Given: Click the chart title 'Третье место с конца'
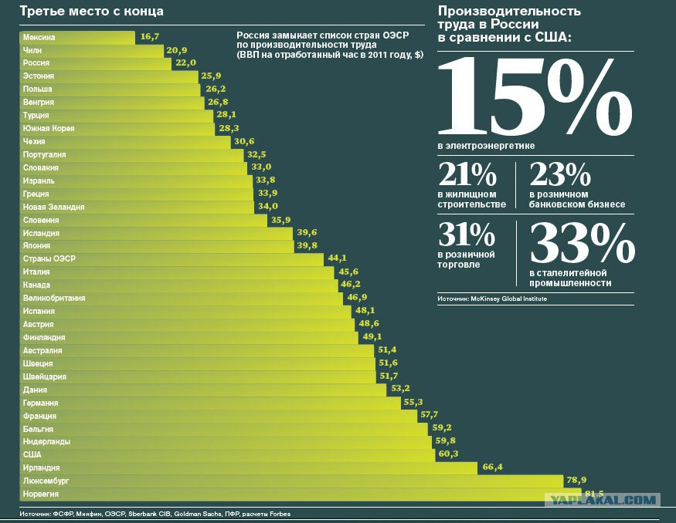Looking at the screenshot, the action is (x=91, y=11).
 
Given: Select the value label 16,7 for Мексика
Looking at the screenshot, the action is (x=150, y=36).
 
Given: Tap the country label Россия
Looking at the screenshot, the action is (x=36, y=62).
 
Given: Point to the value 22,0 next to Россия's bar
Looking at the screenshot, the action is (x=186, y=62).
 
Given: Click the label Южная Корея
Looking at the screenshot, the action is (x=49, y=128).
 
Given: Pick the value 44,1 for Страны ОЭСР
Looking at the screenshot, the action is (x=337, y=258).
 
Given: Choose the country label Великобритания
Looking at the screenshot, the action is (x=54, y=298).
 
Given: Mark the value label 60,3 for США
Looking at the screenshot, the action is (x=448, y=454).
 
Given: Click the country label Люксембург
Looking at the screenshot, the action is (x=46, y=481).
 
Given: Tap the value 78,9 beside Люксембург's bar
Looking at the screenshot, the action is (x=577, y=480).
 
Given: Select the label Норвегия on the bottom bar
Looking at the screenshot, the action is (x=40, y=494).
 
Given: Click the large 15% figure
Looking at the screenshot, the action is (x=535, y=96).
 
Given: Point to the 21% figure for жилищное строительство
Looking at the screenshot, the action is (x=467, y=174).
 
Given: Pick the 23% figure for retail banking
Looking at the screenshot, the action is (x=560, y=174).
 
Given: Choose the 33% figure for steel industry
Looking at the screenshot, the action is (x=583, y=243).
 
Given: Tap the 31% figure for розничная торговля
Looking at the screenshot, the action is (x=467, y=235).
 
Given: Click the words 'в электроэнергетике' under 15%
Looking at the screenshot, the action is (x=486, y=146).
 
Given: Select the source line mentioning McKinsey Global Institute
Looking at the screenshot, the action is (x=492, y=299).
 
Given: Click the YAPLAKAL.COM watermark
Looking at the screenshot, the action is (x=603, y=500).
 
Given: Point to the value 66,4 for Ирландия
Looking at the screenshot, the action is (x=492, y=467).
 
